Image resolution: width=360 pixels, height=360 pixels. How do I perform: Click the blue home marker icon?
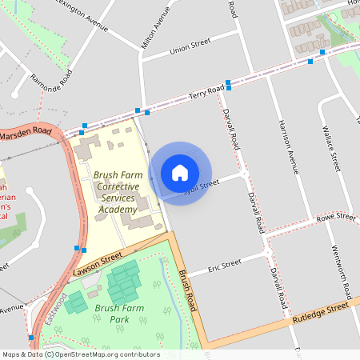coord(180,173)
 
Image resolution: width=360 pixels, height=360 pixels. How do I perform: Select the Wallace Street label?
coord(330,146)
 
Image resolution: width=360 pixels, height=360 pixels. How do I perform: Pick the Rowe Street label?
coord(335,217)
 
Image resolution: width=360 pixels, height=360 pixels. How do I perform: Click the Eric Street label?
coord(225,265)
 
